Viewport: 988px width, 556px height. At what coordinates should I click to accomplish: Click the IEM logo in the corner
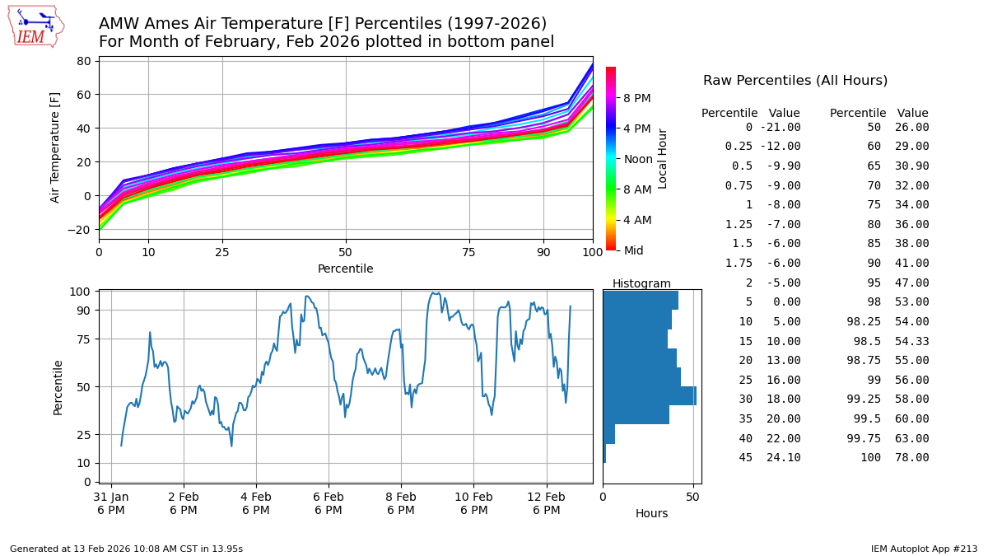35,26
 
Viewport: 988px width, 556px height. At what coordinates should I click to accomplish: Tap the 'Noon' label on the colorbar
638,159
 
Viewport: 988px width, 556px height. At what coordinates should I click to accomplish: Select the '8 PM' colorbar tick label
637,98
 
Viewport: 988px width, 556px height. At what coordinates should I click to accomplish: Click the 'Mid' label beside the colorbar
634,250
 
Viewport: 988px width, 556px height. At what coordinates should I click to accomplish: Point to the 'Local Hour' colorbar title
663,158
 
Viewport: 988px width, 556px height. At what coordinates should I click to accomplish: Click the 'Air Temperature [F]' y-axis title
56,147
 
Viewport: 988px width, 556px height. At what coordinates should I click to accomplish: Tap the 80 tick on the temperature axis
83,61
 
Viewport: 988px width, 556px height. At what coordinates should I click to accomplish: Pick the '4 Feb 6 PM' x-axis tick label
256,503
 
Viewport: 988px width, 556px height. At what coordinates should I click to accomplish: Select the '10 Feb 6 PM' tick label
473,503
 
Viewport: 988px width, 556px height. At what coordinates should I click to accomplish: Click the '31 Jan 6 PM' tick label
111,503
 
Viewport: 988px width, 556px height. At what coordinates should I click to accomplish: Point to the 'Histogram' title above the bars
641,283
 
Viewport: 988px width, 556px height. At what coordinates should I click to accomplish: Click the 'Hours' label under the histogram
651,513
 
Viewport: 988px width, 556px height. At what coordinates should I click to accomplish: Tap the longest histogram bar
650,395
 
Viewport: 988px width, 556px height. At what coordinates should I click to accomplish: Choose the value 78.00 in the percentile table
912,458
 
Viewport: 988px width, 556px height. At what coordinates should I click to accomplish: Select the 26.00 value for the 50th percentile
912,128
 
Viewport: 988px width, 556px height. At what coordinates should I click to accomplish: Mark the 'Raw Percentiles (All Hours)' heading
795,81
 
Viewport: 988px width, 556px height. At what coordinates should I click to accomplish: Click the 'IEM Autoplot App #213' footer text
924,549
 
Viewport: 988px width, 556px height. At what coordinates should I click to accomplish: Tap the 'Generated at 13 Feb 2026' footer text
126,549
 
